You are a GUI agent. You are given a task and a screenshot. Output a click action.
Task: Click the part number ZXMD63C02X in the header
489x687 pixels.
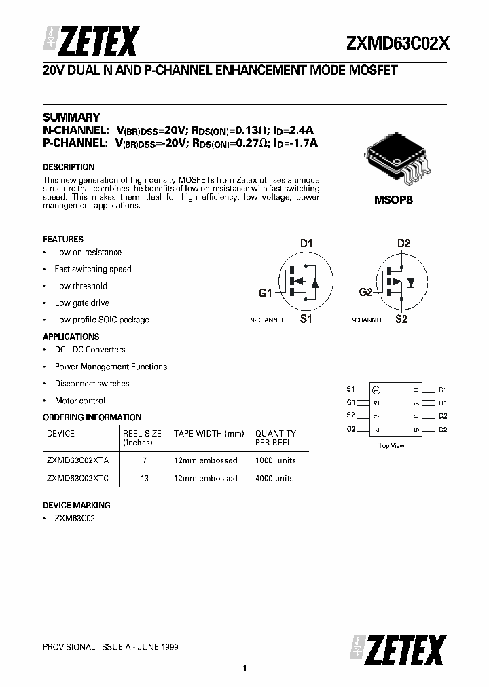[x=397, y=43]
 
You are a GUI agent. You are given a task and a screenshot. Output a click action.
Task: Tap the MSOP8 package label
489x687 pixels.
[x=393, y=201]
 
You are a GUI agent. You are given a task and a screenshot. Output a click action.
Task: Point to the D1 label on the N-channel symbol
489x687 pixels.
[x=306, y=243]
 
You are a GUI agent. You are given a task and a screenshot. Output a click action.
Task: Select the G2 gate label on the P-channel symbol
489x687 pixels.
[x=365, y=292]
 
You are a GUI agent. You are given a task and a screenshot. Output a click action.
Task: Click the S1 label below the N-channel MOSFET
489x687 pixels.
[x=306, y=320]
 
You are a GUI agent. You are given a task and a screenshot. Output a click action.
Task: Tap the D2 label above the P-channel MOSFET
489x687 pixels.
[x=403, y=243]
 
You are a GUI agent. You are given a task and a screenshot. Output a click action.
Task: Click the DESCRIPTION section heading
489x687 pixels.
[x=69, y=167]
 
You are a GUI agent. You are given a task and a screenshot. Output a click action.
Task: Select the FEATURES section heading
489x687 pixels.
[x=63, y=240]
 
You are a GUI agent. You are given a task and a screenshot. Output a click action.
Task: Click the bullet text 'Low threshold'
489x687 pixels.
[x=81, y=286]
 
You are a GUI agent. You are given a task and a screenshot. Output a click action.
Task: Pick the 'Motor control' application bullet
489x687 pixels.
[x=80, y=401]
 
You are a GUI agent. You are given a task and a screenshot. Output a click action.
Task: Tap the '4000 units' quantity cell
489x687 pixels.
[x=274, y=479]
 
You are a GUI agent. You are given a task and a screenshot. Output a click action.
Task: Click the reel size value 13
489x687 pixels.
[x=144, y=479]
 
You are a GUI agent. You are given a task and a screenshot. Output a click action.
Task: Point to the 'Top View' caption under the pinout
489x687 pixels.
[x=391, y=446]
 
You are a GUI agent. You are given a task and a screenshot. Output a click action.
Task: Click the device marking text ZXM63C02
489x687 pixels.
[x=75, y=519]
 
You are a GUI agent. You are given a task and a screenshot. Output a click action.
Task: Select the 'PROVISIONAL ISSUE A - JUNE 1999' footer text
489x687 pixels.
[x=111, y=648]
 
